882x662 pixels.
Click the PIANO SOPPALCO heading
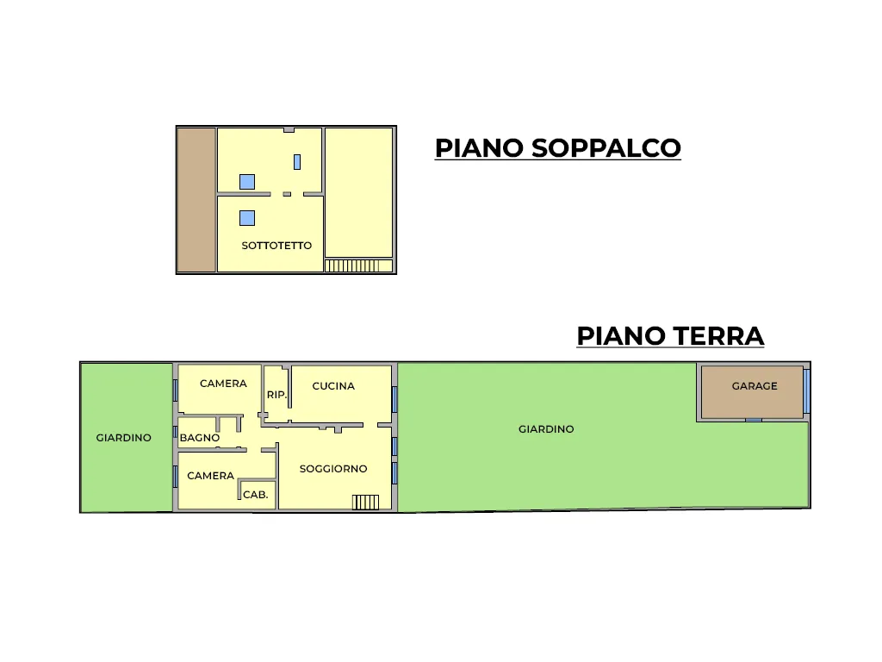coord(557,148)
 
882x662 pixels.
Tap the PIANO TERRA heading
coord(670,336)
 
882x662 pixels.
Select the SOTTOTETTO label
coord(276,246)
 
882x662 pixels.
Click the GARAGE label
coord(755,386)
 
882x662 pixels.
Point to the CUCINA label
coord(333,386)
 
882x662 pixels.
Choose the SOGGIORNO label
coord(333,469)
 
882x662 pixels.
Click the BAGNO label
coord(200,438)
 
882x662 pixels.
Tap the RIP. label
coord(276,395)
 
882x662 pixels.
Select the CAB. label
coord(255,495)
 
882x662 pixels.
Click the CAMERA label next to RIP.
coord(223,384)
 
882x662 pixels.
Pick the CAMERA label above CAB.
coord(210,476)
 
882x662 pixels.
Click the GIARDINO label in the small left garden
coord(124,438)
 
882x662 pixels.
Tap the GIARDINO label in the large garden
coord(546,429)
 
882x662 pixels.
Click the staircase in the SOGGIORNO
coord(365,503)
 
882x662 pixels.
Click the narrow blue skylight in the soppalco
coord(297,162)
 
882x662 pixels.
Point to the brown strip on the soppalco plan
coord(196,200)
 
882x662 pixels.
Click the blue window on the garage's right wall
coord(806,391)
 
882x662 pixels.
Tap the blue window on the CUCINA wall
coord(394,399)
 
